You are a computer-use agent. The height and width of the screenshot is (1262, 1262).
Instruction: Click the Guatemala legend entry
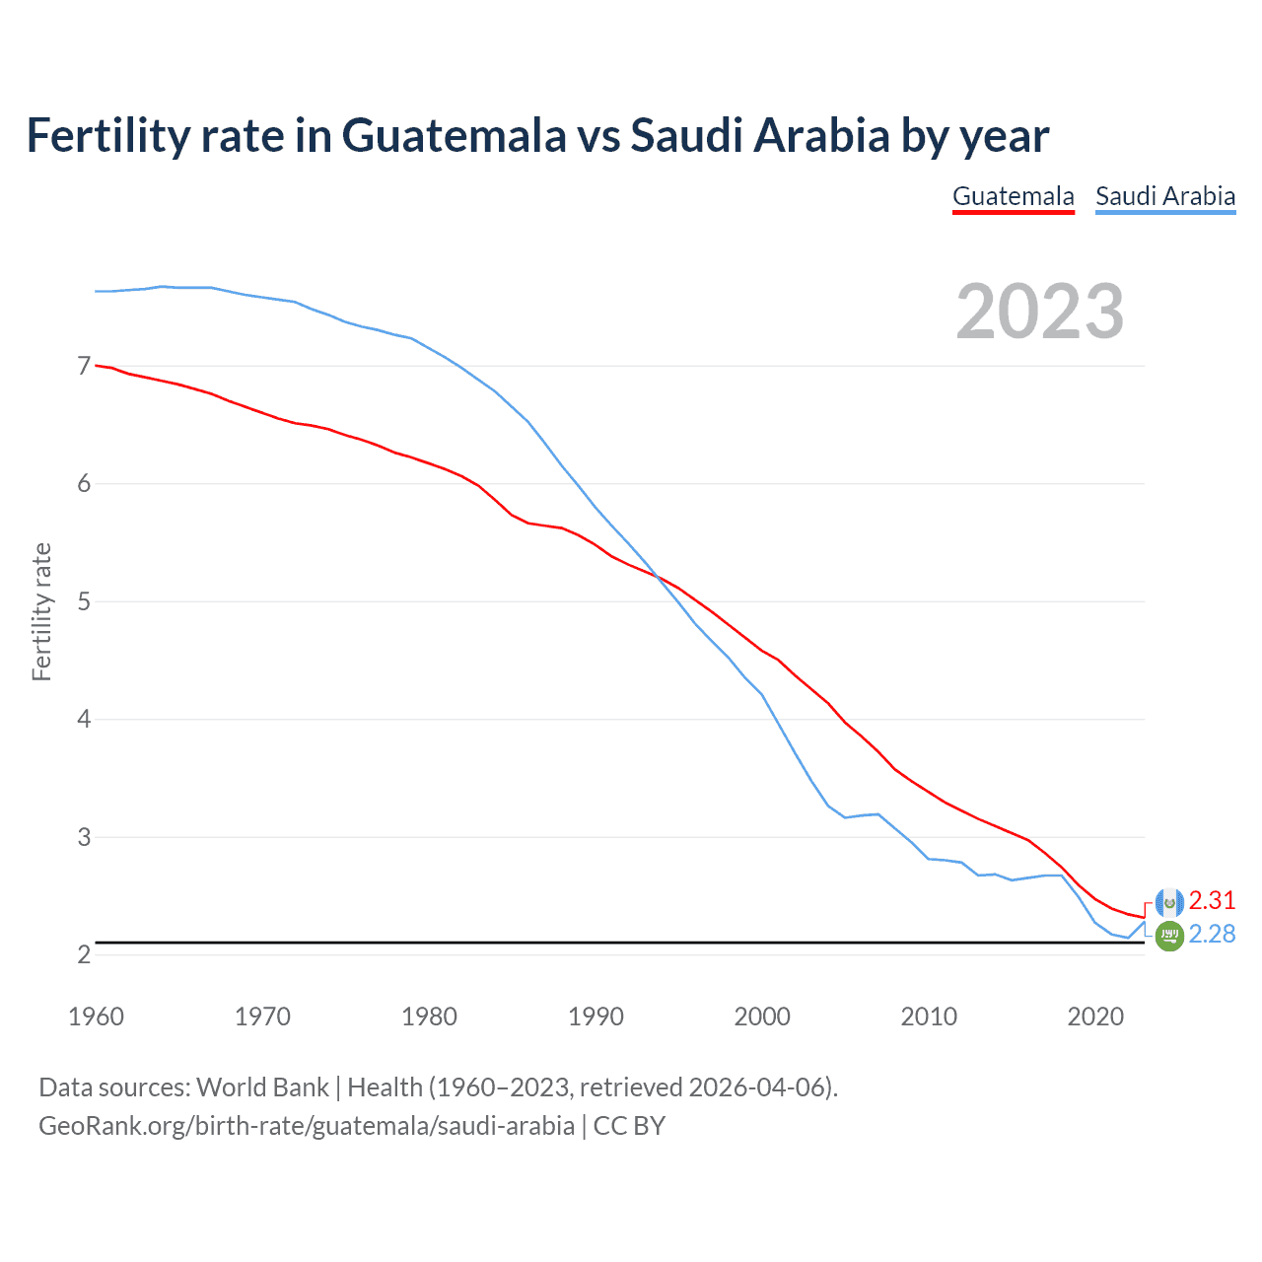pyautogui.click(x=1013, y=196)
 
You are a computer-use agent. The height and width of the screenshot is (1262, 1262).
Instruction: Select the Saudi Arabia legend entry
pyautogui.click(x=1165, y=196)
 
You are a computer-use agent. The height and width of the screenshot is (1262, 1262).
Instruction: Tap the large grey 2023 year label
pyautogui.click(x=1040, y=312)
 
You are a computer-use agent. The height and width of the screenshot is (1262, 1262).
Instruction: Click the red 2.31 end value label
pyautogui.click(x=1212, y=900)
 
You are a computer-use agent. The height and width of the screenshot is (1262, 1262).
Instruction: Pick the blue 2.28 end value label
pyautogui.click(x=1212, y=934)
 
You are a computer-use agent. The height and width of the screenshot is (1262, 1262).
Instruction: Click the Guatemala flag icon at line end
pyautogui.click(x=1169, y=902)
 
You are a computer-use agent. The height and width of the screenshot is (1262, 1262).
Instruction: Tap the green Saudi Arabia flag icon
pyautogui.click(x=1169, y=936)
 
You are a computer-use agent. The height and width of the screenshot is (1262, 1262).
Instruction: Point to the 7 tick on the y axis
pyautogui.click(x=84, y=366)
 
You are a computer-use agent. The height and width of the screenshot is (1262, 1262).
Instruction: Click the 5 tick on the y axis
pyautogui.click(x=84, y=601)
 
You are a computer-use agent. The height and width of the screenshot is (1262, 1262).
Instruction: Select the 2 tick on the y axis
pyautogui.click(x=84, y=954)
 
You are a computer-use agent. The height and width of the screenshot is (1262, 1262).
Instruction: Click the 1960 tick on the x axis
pyautogui.click(x=96, y=1017)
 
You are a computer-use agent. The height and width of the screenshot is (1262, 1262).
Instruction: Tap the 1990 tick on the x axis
pyautogui.click(x=596, y=1017)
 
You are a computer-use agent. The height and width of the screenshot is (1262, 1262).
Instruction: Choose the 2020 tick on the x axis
pyautogui.click(x=1095, y=1017)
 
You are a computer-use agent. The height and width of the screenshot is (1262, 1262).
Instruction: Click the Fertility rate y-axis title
pyautogui.click(x=41, y=611)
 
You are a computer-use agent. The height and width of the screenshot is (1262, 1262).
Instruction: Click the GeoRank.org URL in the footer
pyautogui.click(x=306, y=1125)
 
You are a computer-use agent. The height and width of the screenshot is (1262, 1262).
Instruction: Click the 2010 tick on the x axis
pyautogui.click(x=929, y=1017)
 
